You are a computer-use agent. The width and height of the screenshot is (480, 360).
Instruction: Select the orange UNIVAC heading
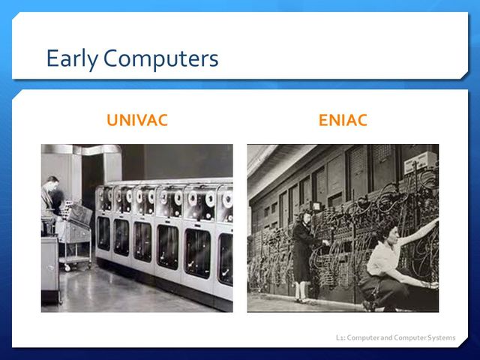(137, 120)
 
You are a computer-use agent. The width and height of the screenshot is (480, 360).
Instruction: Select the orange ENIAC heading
(343, 120)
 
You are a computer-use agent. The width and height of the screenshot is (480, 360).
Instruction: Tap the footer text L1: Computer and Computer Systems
(395, 337)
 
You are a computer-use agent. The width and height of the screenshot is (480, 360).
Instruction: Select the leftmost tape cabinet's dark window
(103, 232)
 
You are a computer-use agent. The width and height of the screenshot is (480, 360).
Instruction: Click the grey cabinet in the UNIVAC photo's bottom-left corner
(49, 270)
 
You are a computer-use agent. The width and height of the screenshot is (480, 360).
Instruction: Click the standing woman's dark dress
(304, 255)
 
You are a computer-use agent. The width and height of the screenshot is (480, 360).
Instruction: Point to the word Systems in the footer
(440, 337)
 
